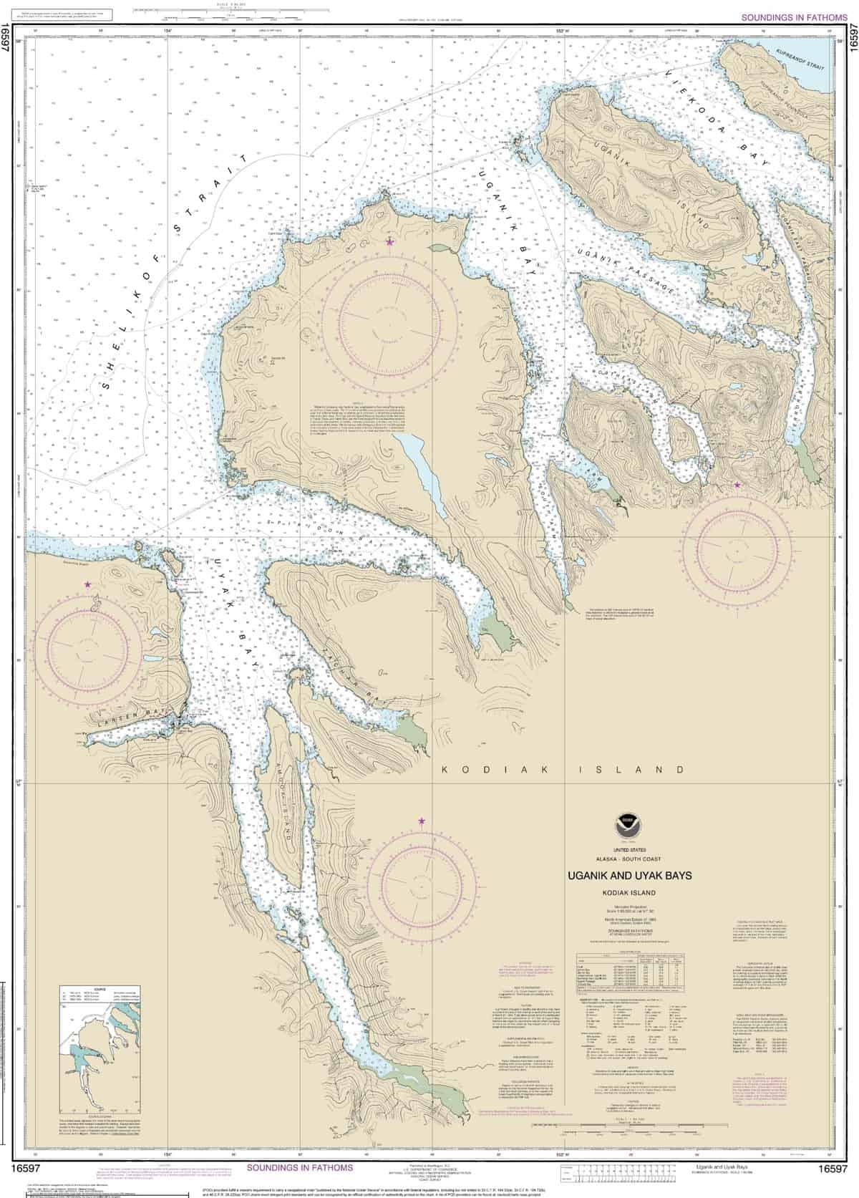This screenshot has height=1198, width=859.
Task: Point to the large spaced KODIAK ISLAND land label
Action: coord(563,770)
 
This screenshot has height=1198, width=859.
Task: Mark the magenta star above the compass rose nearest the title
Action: coord(422,821)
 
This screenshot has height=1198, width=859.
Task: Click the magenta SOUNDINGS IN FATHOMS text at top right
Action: coord(795,16)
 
